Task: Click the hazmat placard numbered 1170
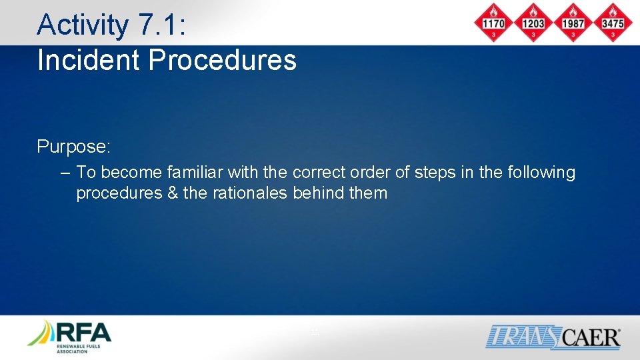493,23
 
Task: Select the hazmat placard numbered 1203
533,23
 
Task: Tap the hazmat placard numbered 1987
572,23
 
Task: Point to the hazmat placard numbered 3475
612,23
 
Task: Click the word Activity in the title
82,25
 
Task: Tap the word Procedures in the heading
222,59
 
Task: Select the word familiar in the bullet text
195,173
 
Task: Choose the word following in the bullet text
541,173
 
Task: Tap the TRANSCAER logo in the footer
553,337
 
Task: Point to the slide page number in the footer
315,332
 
